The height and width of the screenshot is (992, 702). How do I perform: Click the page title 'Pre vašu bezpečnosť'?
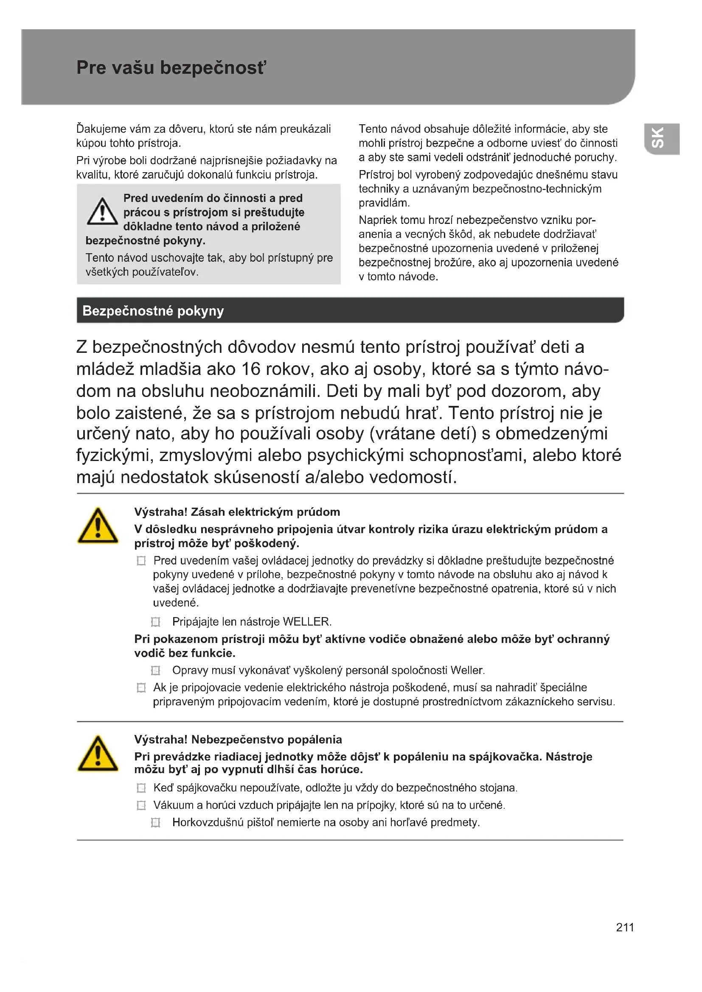coord(171,68)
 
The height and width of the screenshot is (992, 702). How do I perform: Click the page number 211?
coord(625,927)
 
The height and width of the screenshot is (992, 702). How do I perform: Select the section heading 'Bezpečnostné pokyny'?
coord(153,310)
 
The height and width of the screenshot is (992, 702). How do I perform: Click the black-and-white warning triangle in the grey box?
coord(102,212)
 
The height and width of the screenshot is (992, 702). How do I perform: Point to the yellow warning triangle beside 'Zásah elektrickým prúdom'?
coord(98,526)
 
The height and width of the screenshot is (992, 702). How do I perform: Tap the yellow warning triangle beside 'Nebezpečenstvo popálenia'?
coord(98,754)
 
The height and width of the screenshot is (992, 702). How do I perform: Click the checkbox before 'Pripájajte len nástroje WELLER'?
coord(156,622)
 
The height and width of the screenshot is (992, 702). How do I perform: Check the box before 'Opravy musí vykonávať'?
coord(156,670)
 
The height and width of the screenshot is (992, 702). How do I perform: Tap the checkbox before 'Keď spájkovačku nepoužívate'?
coord(141,788)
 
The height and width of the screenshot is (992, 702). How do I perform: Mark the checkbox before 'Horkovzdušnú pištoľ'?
coord(156,822)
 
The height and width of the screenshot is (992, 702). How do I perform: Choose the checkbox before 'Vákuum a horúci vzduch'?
coord(141,805)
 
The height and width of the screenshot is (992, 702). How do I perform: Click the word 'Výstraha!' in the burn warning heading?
coord(161,740)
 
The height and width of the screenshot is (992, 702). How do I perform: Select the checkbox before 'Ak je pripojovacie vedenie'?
coord(141,687)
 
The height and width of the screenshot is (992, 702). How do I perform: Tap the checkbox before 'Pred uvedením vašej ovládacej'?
coord(141,561)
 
